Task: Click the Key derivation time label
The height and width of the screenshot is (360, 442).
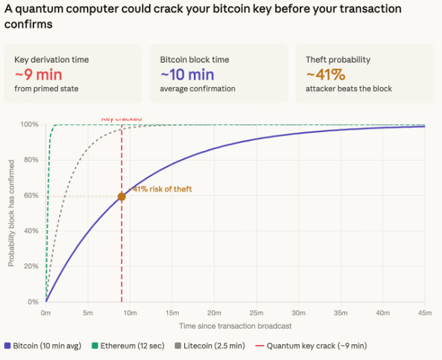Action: tap(51, 60)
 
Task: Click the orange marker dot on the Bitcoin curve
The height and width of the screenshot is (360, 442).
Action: tap(122, 197)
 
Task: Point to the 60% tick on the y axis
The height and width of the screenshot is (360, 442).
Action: tap(30, 196)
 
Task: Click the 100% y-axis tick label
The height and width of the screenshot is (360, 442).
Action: tap(29, 125)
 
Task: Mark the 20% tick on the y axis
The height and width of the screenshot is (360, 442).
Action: tap(30, 267)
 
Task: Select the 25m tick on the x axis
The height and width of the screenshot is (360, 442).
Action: tap(256, 313)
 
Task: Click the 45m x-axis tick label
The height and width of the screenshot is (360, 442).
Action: tap(424, 313)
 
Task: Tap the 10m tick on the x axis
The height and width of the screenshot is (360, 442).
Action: tap(130, 313)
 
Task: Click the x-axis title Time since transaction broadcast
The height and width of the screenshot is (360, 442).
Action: tap(235, 327)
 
